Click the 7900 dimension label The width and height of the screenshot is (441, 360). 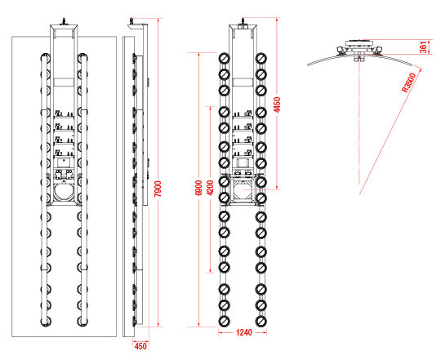coord(158,189)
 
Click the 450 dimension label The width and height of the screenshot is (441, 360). coord(140,346)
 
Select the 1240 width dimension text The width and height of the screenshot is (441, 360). coord(244,333)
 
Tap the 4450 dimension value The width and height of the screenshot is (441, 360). coord(278,104)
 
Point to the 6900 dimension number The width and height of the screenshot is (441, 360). coord(198,188)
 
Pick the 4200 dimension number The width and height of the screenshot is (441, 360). coord(210,188)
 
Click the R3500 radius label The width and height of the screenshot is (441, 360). coord(408,82)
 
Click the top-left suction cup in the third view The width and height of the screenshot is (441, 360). coord(224,59)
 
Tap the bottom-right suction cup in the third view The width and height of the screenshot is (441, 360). coord(261,321)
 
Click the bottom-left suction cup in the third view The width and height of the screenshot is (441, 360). coord(224,321)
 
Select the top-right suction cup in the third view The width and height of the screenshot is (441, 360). coord(261,59)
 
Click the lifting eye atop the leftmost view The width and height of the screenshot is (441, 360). coord(64,21)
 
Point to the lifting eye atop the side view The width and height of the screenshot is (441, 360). coord(131,21)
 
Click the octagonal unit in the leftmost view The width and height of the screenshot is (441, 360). coord(64,193)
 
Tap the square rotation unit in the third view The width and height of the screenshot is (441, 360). coord(243,189)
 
